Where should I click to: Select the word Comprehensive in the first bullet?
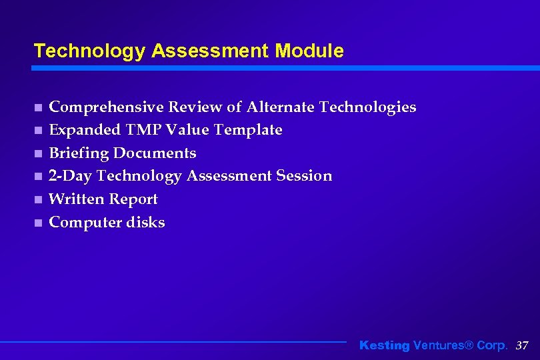click(106, 107)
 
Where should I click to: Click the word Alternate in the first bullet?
click(281, 107)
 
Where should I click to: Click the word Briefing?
click(79, 153)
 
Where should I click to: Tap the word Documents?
click(155, 153)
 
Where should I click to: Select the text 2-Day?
click(71, 176)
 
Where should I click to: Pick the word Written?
click(77, 199)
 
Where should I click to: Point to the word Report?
click(133, 199)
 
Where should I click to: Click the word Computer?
click(83, 223)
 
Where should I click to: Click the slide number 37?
click(522, 345)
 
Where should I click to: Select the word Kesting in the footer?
click(385, 345)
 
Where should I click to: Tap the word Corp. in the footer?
click(493, 345)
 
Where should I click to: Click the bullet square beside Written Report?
click(39, 199)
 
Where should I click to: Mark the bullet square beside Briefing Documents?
click(39, 153)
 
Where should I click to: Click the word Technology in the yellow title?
click(89, 51)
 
